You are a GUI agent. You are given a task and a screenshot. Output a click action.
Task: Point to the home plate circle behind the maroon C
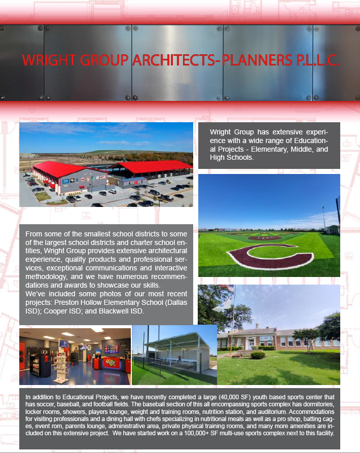pyautogui.click(x=264, y=237)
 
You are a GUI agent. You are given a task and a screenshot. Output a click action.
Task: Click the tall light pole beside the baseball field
pyautogui.click(x=338, y=213)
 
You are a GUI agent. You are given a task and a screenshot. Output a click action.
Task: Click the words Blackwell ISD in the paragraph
pyautogui.click(x=122, y=311)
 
